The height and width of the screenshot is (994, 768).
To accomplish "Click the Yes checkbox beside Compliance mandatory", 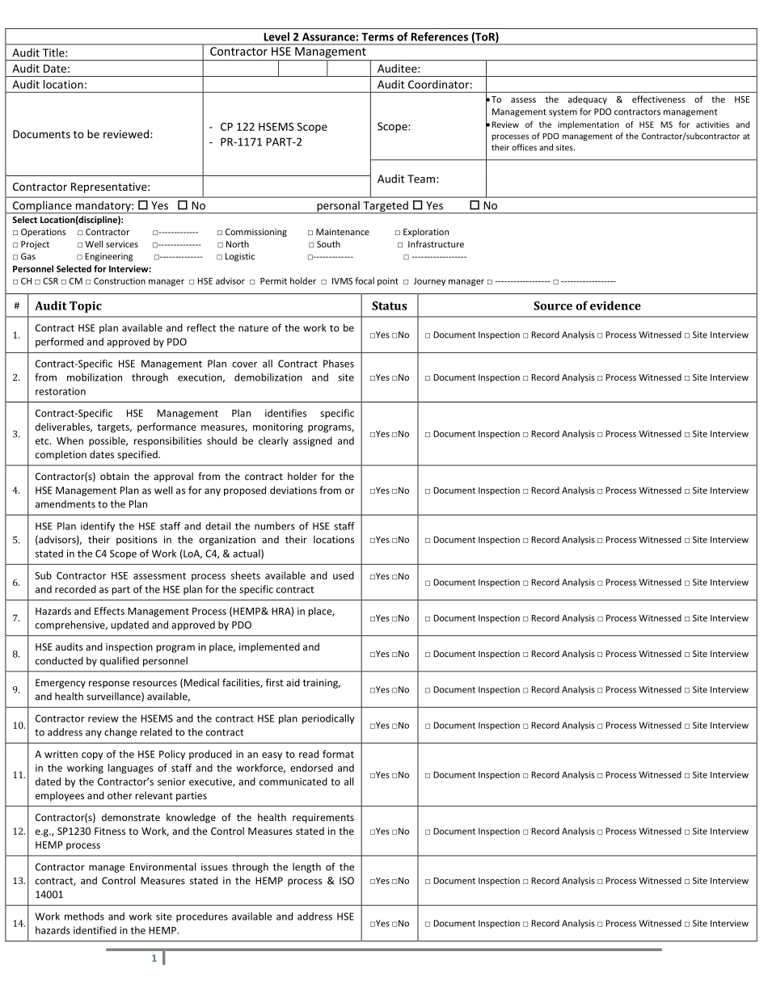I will tap(143, 206).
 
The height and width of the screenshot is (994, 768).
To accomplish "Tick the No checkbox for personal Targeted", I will tap(475, 206).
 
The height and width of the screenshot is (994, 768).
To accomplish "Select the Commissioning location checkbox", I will tap(220, 233).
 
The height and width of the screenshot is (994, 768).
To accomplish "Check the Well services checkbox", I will tap(80, 245).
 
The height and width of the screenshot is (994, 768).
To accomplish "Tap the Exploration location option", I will tap(398, 233).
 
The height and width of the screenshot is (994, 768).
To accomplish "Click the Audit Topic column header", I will tap(68, 305).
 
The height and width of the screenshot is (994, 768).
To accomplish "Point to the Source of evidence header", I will tap(586, 305).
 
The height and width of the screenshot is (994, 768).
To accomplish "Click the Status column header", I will tap(389, 305).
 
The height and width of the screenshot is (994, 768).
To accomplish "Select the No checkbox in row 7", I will tap(395, 619).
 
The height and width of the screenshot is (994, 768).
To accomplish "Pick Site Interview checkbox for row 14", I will tap(687, 924).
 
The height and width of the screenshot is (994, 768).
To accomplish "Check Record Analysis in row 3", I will tap(525, 435).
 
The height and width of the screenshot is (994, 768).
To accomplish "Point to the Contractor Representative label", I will tap(81, 187).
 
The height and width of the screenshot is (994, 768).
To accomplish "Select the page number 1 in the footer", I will tap(153, 958).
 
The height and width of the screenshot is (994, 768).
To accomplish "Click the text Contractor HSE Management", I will tap(288, 52).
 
